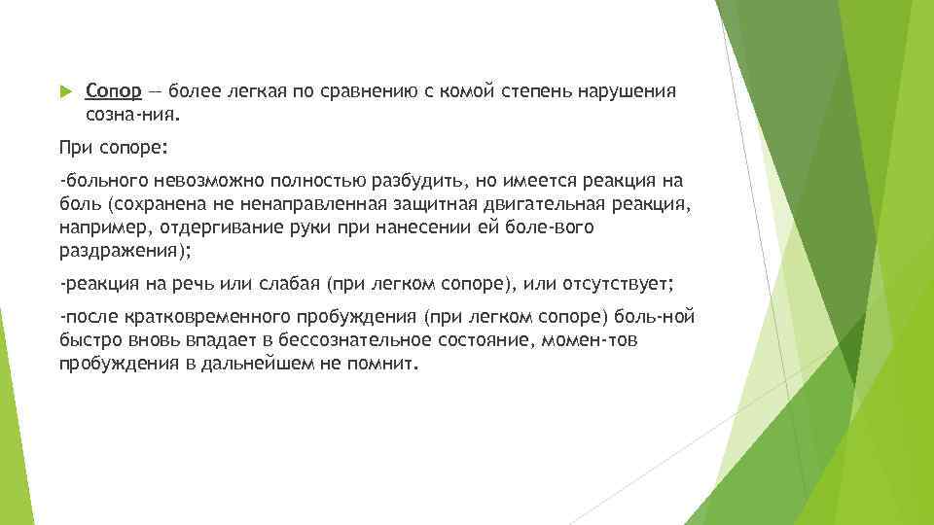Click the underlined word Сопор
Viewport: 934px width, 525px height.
click(113, 92)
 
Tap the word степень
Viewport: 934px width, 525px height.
click(538, 92)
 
